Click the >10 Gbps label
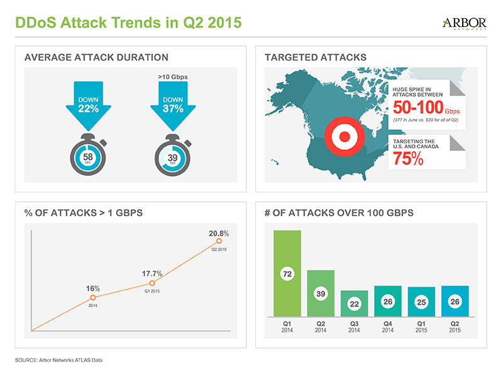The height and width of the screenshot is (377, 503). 173,78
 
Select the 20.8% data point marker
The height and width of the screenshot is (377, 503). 219,241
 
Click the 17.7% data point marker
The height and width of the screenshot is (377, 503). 152,283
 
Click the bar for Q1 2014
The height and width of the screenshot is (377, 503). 287,274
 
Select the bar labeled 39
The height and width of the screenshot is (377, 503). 321,294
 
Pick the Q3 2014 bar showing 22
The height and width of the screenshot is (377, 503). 354,304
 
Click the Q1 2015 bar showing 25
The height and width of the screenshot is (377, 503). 421,302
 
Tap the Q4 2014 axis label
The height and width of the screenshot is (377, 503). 387,327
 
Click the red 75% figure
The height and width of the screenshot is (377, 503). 407,159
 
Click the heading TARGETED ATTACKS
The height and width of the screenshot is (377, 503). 316,57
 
